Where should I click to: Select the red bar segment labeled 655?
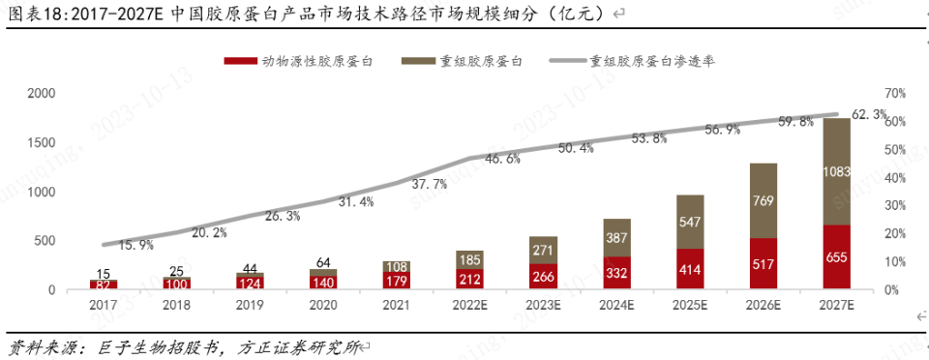click(837, 257)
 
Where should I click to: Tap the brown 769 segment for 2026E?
click(763, 200)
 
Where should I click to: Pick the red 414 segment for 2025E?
click(690, 269)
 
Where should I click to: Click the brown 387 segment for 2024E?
click(616, 237)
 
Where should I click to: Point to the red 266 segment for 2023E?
click(542, 276)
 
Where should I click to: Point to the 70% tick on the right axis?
click(894, 94)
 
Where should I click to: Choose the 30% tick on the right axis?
click(894, 206)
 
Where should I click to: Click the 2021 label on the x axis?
click(395, 304)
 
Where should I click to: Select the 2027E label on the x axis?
click(837, 304)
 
